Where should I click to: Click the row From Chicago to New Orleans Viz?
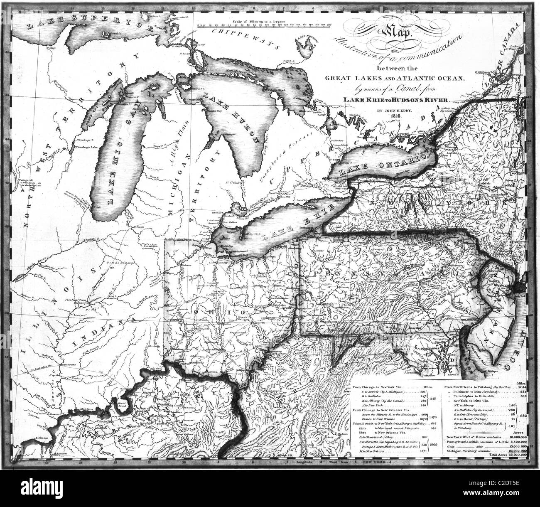coord(377,410)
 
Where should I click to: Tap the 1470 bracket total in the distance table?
coord(433,418)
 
